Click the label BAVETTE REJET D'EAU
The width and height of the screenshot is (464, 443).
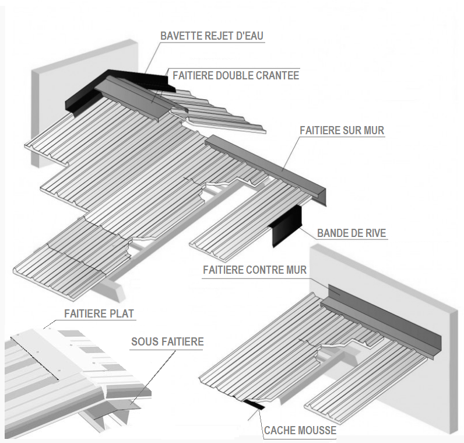[212, 36]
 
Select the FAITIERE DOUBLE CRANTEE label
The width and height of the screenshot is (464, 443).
[235, 75]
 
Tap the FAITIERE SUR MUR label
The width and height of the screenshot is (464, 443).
[342, 131]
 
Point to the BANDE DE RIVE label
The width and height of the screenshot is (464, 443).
[351, 233]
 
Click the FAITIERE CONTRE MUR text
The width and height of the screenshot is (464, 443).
[255, 270]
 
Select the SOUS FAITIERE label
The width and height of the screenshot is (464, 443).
[167, 341]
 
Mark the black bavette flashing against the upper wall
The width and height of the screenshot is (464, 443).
[87, 93]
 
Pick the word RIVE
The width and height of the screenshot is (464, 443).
[374, 233]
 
